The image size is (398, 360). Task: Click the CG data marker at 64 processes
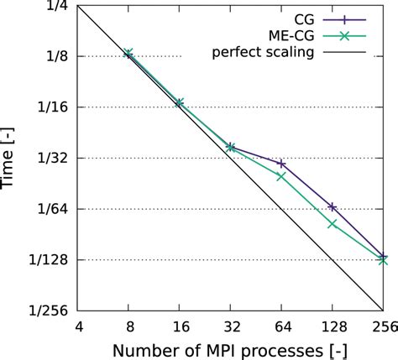click(x=281, y=164)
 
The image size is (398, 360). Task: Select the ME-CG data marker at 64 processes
click(x=281, y=175)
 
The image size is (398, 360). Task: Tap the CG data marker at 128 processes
click(x=333, y=206)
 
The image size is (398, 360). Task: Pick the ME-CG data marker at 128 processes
click(x=333, y=224)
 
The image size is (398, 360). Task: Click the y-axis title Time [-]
click(x=14, y=158)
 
